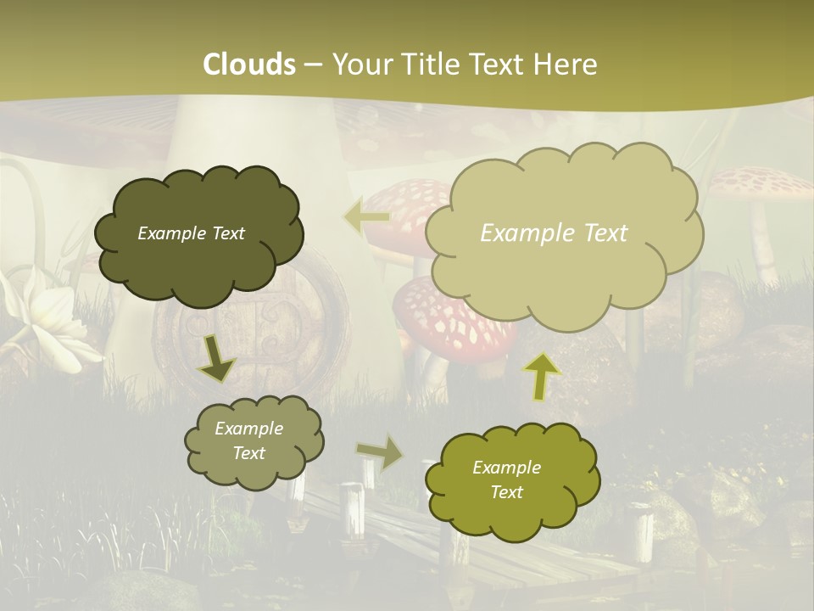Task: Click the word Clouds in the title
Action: [249, 64]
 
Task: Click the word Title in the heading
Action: [434, 64]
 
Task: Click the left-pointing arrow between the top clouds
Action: [366, 217]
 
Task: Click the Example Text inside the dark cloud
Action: [191, 233]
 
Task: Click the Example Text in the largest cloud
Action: [554, 233]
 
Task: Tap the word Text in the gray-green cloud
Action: [248, 453]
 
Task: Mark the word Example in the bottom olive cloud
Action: [506, 468]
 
